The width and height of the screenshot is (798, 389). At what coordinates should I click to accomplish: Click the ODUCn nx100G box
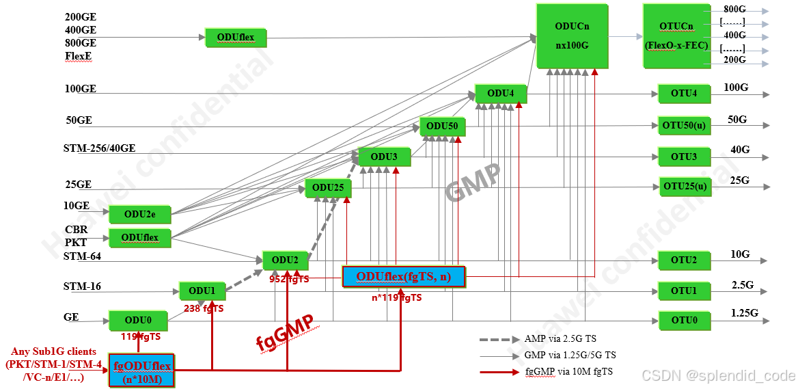572,36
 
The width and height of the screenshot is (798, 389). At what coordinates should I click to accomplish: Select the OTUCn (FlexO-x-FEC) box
676,36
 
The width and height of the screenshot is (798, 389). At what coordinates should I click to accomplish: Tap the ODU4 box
500,94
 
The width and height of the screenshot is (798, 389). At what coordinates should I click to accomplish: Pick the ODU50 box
442,126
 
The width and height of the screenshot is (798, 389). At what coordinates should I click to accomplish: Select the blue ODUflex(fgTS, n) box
403,276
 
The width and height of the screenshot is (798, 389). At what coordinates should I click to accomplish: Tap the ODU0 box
138,320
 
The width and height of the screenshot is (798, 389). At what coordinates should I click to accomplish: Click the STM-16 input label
82,286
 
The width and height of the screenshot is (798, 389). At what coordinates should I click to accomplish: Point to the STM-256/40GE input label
99,148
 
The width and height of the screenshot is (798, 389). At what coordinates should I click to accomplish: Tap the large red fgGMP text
285,333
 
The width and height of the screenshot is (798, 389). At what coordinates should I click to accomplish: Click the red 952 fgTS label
289,279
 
